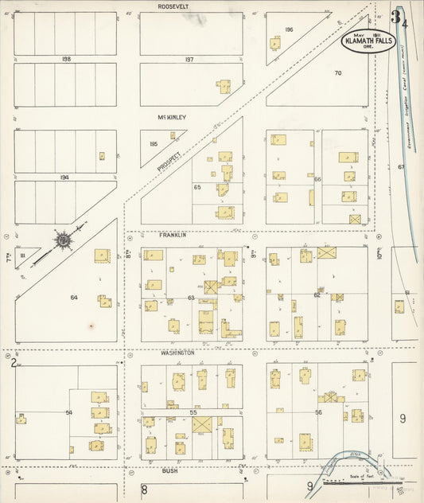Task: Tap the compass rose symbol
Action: (x=60, y=240)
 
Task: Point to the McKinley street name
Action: (x=171, y=117)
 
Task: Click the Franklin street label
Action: (x=175, y=236)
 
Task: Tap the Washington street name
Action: (x=177, y=352)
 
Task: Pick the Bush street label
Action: (x=169, y=470)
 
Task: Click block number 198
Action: (x=66, y=59)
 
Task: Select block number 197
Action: (x=189, y=59)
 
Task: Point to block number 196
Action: (x=289, y=29)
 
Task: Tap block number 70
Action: (x=337, y=73)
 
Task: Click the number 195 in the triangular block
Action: (x=154, y=143)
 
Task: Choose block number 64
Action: (x=74, y=297)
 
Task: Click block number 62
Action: (x=316, y=294)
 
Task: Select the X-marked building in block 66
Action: (x=355, y=218)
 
